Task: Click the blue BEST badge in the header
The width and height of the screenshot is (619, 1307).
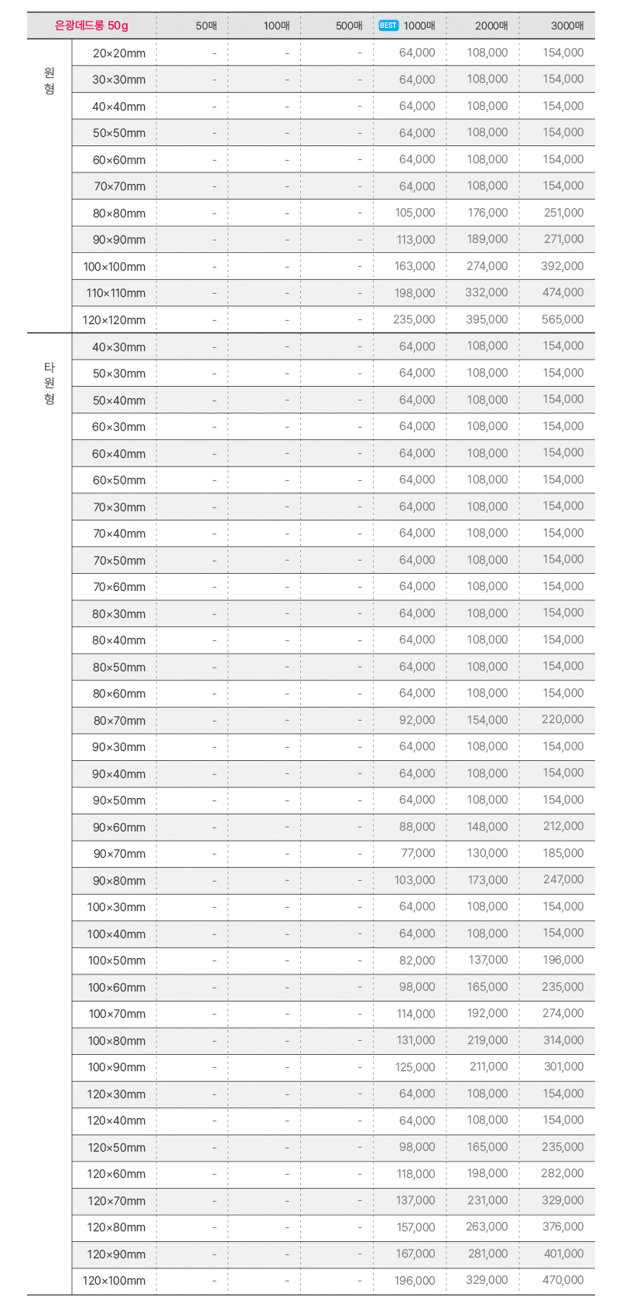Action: [x=388, y=26]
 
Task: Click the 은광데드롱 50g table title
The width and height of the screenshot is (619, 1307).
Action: [x=91, y=26]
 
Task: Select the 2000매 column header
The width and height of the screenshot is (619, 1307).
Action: [x=491, y=26]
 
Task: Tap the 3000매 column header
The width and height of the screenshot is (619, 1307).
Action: [x=567, y=26]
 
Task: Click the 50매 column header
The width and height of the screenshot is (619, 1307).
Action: [x=207, y=26]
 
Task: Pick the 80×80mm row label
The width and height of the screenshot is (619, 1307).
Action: [x=119, y=213]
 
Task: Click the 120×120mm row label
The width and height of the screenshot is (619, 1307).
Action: [x=115, y=319]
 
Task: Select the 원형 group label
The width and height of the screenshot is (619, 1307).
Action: [x=50, y=80]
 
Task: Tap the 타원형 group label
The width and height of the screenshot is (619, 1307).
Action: [x=50, y=383]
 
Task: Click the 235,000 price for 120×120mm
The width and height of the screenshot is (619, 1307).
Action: [x=414, y=319]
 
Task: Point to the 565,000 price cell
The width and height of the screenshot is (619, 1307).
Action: [x=563, y=319]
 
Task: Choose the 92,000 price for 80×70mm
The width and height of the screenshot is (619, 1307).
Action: [x=417, y=720]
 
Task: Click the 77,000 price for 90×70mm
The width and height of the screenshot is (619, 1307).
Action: [x=418, y=853]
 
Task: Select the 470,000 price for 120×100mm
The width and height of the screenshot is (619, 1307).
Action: [x=563, y=1280]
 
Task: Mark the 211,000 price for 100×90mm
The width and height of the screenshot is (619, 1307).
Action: [x=488, y=1066]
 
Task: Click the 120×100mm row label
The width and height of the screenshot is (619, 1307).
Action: [x=115, y=1280]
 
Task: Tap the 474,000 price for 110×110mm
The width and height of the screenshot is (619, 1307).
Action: [x=563, y=292]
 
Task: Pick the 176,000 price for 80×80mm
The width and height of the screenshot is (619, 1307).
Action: [x=487, y=213]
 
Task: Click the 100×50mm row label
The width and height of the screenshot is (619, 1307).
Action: [x=117, y=960]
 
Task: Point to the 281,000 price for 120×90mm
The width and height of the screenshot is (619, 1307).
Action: [x=487, y=1254]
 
